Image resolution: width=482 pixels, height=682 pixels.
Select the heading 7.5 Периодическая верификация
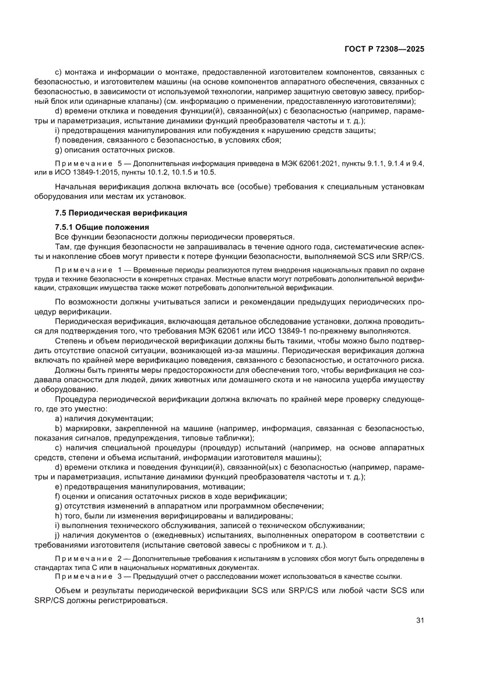click(121, 213)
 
